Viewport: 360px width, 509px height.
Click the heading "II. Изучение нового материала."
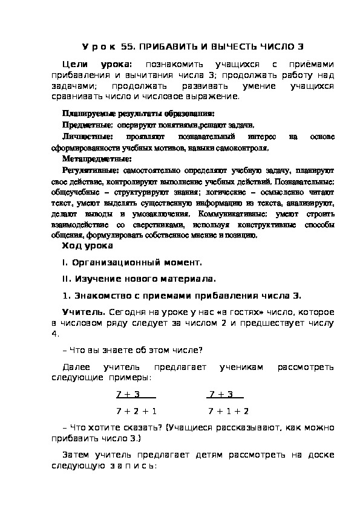tap(139, 279)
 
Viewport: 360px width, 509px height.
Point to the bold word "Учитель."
tap(84, 312)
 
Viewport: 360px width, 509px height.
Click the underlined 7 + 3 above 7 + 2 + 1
tap(128, 394)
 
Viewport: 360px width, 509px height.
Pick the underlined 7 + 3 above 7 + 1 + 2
tap(221, 394)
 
